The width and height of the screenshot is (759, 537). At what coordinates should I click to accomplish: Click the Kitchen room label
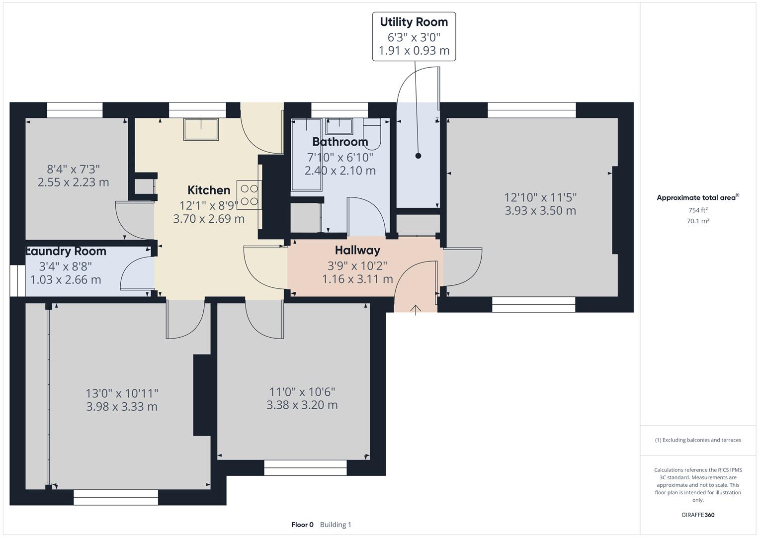[x=209, y=190]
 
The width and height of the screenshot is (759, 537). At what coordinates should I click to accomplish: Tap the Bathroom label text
[x=340, y=142]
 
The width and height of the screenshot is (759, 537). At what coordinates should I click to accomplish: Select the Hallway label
[x=357, y=250]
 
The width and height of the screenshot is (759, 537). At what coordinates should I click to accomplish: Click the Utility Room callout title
[x=414, y=22]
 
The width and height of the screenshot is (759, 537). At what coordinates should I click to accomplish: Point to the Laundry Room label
[x=67, y=251]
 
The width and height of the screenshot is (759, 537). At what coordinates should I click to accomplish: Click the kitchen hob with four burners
[x=250, y=195]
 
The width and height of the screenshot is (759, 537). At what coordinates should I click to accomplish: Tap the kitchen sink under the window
[x=201, y=129]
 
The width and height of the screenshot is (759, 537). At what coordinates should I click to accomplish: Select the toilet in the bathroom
[x=372, y=134]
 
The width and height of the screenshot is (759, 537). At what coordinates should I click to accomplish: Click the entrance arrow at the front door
[x=416, y=310]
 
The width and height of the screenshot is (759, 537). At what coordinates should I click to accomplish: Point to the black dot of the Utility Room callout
[x=418, y=156]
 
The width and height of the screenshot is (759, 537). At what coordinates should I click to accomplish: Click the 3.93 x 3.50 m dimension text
[x=540, y=211]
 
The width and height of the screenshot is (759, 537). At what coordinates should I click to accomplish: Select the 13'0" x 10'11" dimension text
[x=122, y=394]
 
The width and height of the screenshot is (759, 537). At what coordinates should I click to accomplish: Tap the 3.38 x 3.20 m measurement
[x=302, y=405]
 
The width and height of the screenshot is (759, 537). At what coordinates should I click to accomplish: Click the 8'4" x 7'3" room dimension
[x=73, y=169]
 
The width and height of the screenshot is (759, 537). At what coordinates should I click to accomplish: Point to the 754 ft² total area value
[x=698, y=210]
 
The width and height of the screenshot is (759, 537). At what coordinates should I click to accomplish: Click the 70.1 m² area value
[x=698, y=221]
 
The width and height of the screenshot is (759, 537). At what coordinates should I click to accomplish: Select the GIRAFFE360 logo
[x=698, y=515]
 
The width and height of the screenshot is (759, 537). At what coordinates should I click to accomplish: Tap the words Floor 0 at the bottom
[x=303, y=525]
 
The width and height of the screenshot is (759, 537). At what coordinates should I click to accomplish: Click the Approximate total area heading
[x=698, y=198]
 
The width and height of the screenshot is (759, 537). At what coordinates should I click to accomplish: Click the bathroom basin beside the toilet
[x=339, y=126]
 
